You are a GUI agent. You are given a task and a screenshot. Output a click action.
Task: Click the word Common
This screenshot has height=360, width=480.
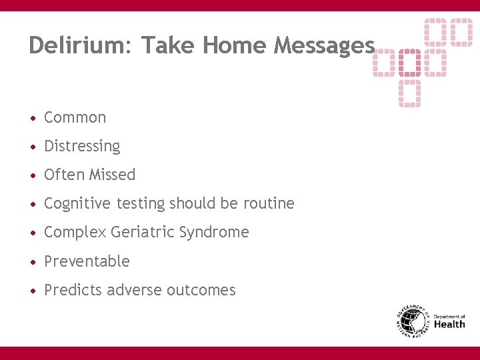(x=75, y=117)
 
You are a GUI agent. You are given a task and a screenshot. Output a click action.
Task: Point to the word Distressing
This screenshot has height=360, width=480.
(x=82, y=146)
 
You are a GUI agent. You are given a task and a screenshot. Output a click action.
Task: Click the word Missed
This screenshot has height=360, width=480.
(x=112, y=175)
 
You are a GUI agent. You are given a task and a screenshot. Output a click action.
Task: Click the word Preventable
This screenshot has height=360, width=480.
(x=87, y=261)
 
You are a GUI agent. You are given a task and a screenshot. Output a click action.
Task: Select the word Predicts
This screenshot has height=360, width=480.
(x=71, y=290)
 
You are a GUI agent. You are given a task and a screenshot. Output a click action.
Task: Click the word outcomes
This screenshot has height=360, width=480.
(x=201, y=290)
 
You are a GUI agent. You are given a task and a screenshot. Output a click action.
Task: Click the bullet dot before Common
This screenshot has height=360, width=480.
(x=33, y=118)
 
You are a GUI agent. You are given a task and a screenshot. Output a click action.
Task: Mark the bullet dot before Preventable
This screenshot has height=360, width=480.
(x=33, y=262)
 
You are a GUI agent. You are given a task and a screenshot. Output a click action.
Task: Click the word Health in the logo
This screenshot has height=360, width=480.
(x=449, y=325)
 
